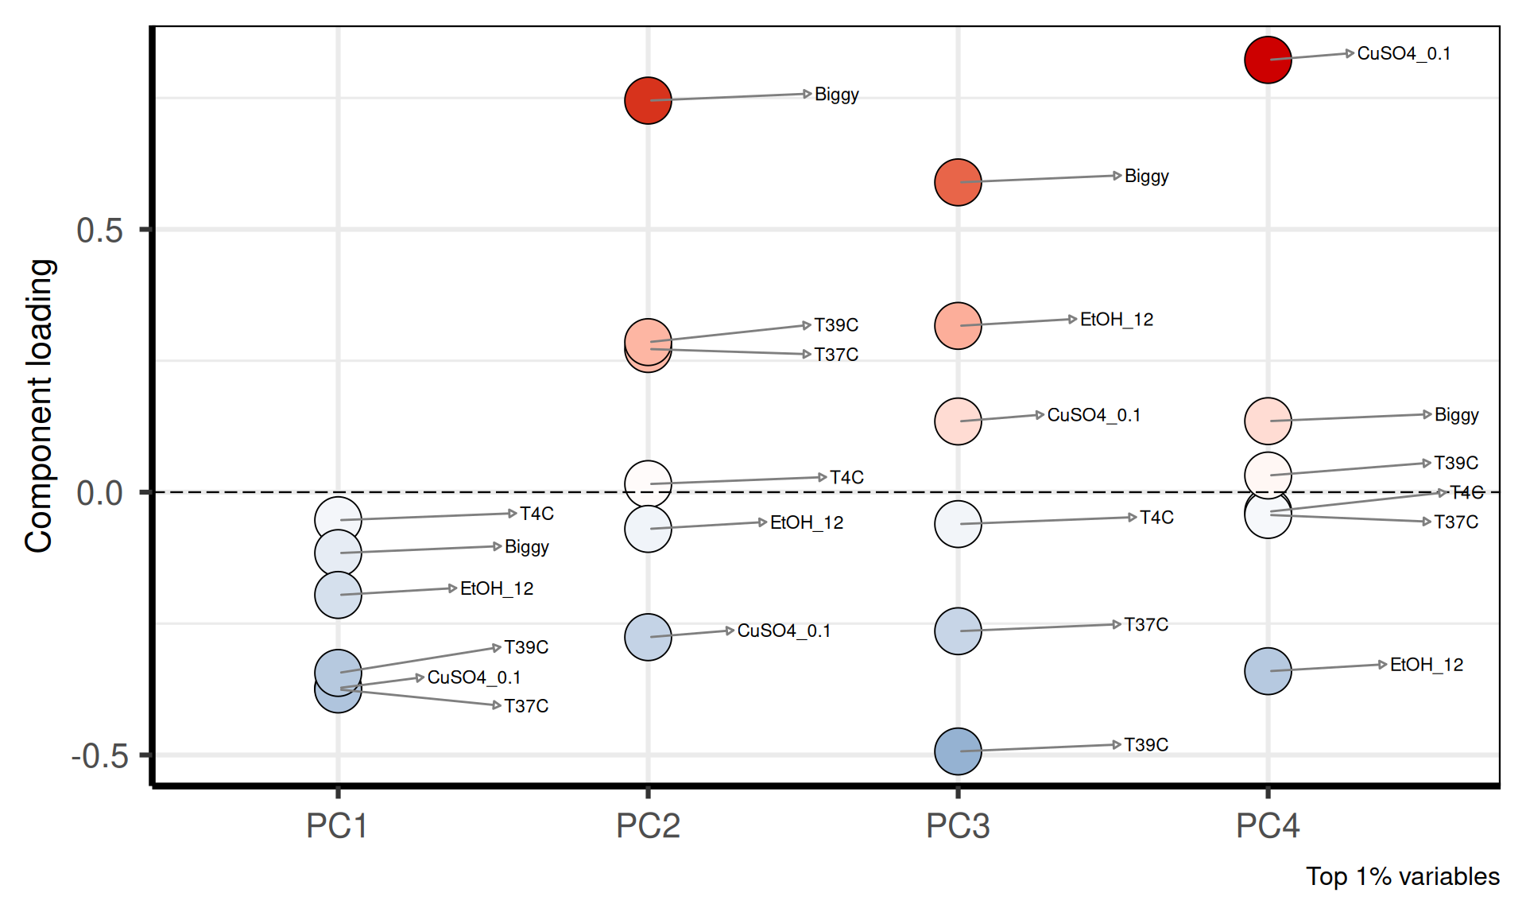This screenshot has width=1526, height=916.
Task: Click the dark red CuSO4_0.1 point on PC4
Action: point(1267,60)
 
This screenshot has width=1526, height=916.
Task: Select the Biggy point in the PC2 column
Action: point(648,100)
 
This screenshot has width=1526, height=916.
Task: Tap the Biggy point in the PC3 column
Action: point(958,182)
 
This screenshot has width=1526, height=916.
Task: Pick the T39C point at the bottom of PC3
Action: point(958,751)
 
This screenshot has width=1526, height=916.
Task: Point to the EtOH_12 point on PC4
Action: point(1267,671)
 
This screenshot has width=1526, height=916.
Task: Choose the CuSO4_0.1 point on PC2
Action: point(648,637)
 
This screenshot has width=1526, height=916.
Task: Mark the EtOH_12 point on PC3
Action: point(958,325)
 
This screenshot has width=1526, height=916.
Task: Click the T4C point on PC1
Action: point(338,519)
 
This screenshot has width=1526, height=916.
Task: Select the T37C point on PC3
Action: point(958,631)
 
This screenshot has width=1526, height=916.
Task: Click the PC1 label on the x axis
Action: point(337,826)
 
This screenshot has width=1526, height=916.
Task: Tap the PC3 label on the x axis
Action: point(958,826)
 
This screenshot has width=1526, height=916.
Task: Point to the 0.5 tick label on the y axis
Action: point(100,231)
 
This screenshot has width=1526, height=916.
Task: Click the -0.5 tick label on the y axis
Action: point(100,756)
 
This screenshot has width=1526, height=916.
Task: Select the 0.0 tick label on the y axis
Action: point(100,494)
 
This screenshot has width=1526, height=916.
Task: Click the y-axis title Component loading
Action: point(39,406)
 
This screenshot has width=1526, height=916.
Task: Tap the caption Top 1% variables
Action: point(1402,876)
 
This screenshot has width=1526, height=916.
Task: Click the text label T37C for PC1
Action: point(526,706)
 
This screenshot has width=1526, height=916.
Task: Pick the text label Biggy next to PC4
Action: point(1456,415)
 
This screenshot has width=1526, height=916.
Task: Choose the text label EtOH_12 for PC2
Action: point(806,523)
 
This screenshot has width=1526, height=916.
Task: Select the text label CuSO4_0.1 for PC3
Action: point(1094,415)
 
